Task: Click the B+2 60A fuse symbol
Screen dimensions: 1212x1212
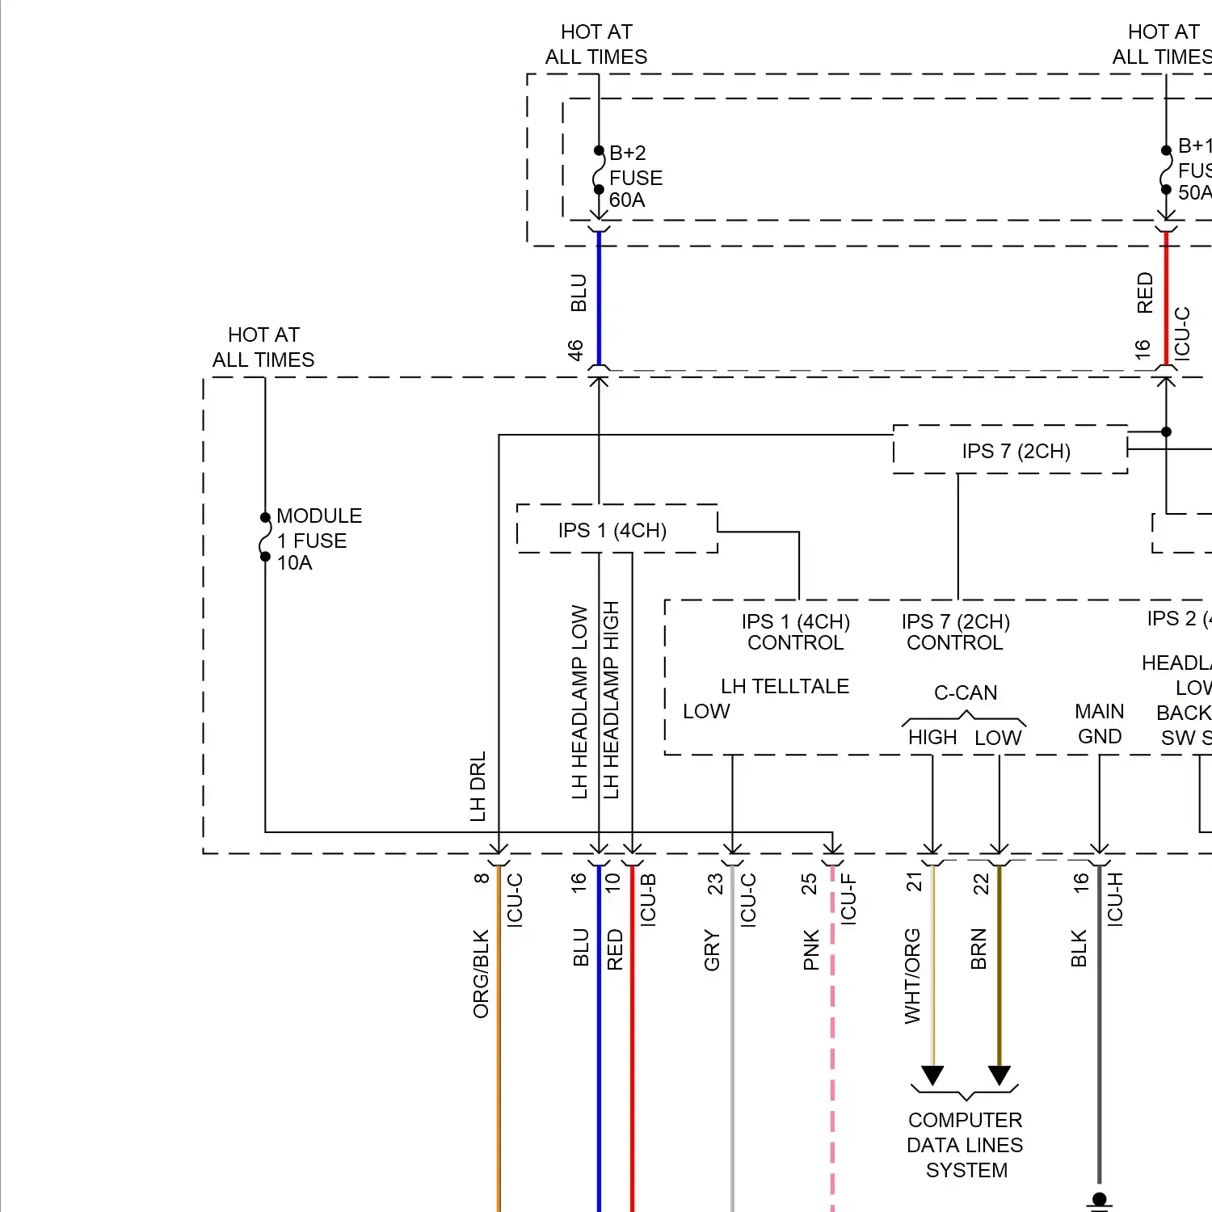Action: coord(599,170)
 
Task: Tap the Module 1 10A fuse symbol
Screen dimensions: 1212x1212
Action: coord(265,537)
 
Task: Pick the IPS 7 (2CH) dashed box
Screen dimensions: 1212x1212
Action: coord(1010,450)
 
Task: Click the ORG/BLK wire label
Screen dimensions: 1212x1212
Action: coord(481,973)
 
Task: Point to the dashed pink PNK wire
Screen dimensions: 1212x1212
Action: coord(832,1050)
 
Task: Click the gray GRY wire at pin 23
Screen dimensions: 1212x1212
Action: coord(732,1050)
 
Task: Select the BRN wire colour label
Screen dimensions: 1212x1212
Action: coord(978,949)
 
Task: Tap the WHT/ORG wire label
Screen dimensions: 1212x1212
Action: coord(912,975)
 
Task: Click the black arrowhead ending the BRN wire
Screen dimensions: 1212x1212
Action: coord(999,1075)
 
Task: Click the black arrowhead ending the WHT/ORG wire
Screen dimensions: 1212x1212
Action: coord(932,1075)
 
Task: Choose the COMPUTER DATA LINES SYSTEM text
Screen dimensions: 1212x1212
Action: coord(966,1145)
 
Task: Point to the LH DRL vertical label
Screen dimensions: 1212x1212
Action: coord(478,786)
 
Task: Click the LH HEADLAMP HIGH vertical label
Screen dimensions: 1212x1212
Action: coord(611,700)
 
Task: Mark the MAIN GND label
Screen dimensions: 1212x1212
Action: coord(1099,724)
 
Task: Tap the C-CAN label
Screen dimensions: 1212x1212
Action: coord(966,692)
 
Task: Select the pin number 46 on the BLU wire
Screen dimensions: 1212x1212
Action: coord(575,350)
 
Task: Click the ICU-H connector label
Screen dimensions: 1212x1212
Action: coord(1115,898)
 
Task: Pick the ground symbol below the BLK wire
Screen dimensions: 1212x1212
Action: coord(1099,1202)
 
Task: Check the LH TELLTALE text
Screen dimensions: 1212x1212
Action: coord(785,686)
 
